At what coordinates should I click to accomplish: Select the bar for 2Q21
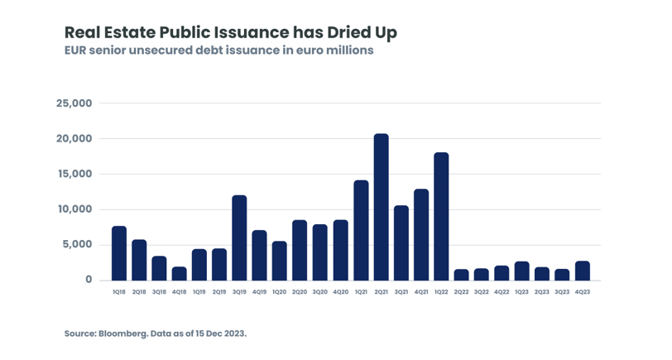click(381, 207)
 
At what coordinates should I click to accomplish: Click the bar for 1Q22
click(441, 216)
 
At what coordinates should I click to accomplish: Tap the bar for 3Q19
click(239, 238)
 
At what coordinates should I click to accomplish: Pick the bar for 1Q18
click(119, 253)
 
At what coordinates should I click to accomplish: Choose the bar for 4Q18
click(179, 273)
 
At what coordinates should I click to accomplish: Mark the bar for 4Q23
click(582, 271)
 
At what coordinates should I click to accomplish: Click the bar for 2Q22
click(461, 275)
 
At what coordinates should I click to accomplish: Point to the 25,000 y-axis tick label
click(74, 103)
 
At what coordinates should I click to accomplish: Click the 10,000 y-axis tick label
click(74, 209)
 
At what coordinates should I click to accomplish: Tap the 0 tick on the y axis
click(89, 280)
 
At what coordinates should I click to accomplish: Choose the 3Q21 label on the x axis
click(401, 292)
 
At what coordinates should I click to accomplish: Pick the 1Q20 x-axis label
click(280, 292)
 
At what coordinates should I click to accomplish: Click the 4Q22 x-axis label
click(502, 292)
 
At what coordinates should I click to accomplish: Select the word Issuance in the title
click(249, 32)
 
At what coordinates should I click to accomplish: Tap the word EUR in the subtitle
click(77, 50)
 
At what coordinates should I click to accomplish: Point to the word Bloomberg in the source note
click(124, 334)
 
